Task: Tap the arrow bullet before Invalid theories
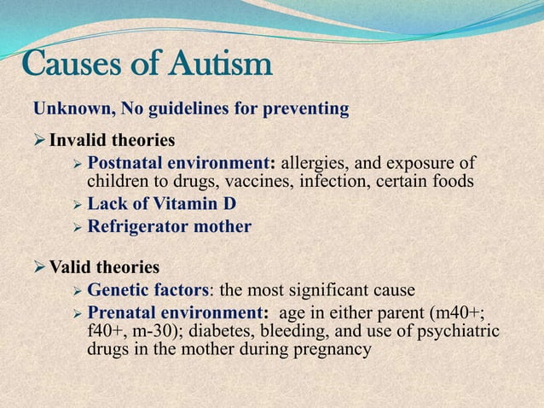(40, 140)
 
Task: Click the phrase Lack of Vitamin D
(162, 204)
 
